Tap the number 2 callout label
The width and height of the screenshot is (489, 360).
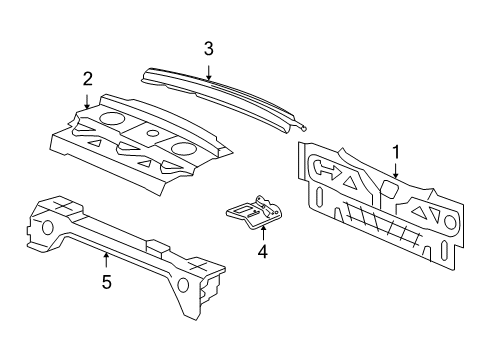coord(87,78)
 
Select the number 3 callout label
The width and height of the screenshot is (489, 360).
coord(208,47)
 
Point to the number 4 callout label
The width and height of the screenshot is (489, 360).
coord(262,252)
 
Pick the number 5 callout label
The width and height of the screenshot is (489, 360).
coord(106,282)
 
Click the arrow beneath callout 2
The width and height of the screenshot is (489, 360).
coord(88,98)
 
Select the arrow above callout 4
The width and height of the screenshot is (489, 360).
coord(262,230)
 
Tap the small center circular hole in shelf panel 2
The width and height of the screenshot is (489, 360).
coord(152,133)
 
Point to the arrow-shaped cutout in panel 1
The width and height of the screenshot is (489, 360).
coord(326,171)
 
